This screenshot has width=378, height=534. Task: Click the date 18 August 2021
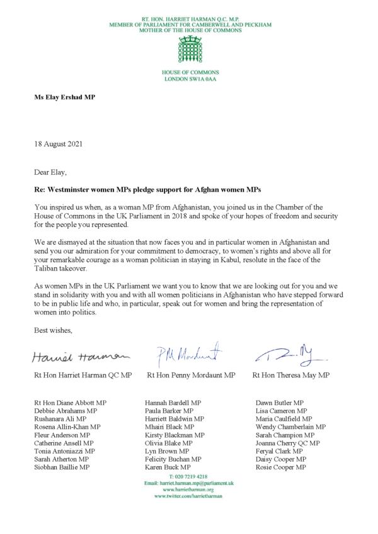point(57,144)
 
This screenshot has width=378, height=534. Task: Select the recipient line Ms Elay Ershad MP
point(64,98)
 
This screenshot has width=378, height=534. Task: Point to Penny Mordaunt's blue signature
point(189,355)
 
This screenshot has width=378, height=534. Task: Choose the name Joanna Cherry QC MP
point(288,443)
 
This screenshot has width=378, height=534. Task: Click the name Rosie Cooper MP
point(281,467)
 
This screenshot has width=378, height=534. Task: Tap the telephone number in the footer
point(188,476)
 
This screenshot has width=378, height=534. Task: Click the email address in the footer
point(188,482)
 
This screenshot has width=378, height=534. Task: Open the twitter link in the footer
point(188,496)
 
